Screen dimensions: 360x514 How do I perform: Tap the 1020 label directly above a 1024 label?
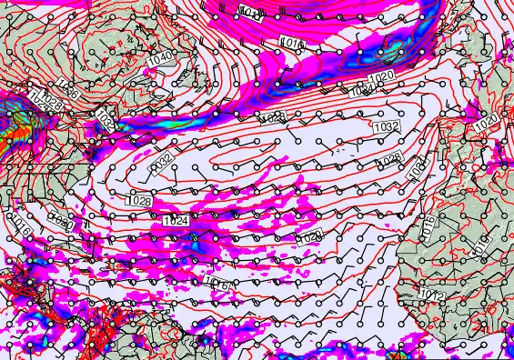pos(381,75)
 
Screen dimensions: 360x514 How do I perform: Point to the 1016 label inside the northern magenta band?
pos(290,43)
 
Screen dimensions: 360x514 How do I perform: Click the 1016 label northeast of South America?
pos(219,284)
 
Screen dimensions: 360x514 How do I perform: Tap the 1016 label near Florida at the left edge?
pos(20,226)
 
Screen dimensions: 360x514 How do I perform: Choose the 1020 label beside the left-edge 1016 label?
pos(60,220)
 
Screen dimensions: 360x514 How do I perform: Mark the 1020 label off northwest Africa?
pos(310,237)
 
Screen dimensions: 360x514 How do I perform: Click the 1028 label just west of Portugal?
pos(390,159)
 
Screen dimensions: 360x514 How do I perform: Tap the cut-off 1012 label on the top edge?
pos(248,11)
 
